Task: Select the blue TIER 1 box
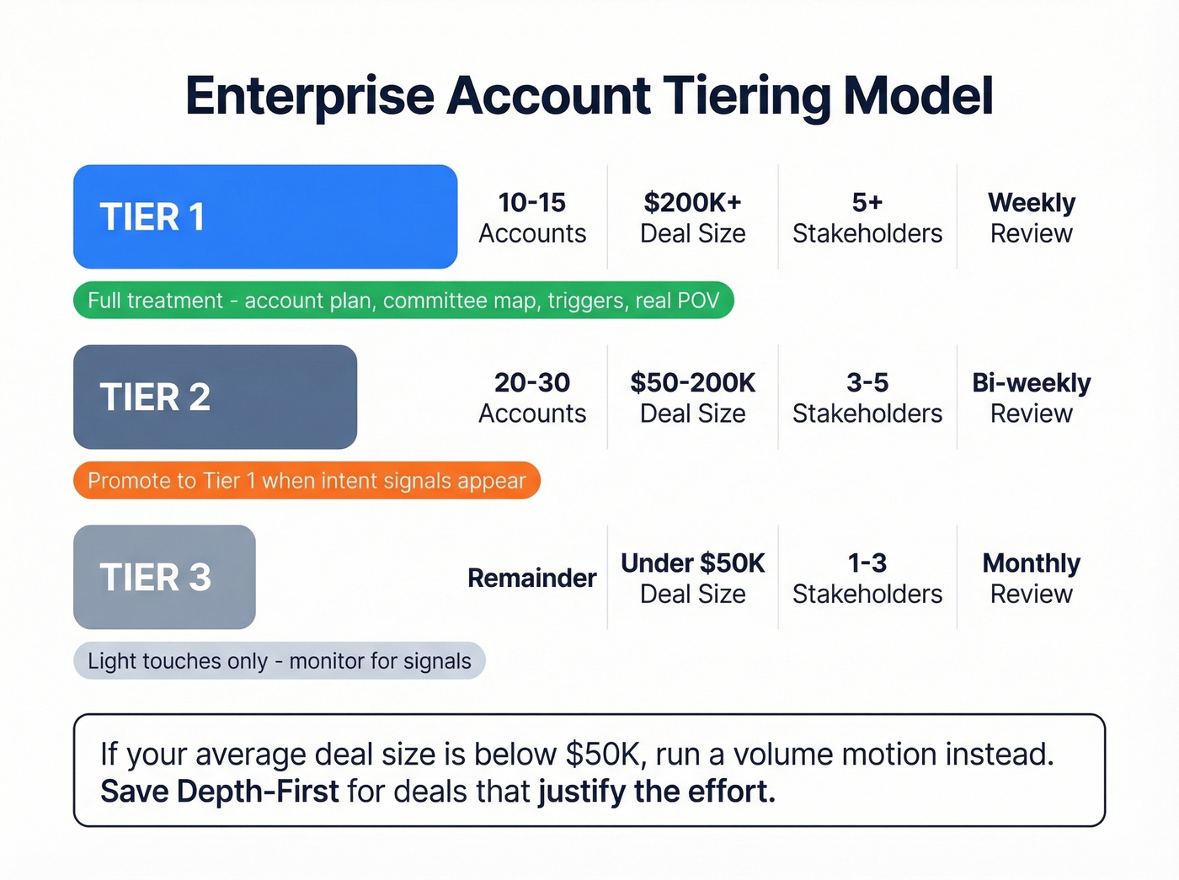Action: [x=265, y=217]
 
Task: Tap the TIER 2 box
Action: [x=215, y=397]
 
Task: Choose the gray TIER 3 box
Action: [x=164, y=578]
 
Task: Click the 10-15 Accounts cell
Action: [x=532, y=217]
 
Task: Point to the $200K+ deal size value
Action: [x=692, y=203]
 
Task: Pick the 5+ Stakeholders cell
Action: [x=867, y=217]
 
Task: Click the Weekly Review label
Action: [x=1031, y=217]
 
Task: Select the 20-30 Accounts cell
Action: [x=532, y=397]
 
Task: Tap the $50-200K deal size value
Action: [x=692, y=383]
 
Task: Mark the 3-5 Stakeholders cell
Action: [x=867, y=397]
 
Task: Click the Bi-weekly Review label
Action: [x=1031, y=397]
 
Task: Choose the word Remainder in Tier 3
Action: [x=532, y=579]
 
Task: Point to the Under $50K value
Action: [x=692, y=563]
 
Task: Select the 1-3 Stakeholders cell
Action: [x=867, y=578]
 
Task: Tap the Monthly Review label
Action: [x=1031, y=578]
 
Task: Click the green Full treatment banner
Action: [x=403, y=301]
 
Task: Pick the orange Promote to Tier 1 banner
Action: [x=307, y=481]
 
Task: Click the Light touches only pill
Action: [x=279, y=661]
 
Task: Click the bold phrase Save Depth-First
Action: [x=219, y=792]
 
